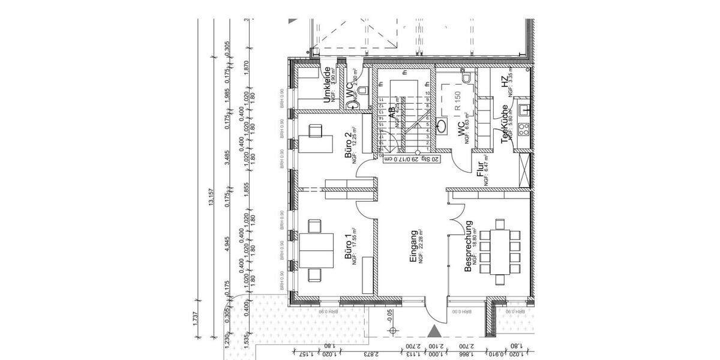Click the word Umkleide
pyautogui.click(x=328, y=86)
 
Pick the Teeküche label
pyautogui.click(x=505, y=124)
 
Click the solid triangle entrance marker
pyautogui.click(x=434, y=331)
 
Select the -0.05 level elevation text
pyautogui.click(x=391, y=315)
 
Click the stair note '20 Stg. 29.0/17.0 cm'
pyautogui.click(x=411, y=159)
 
